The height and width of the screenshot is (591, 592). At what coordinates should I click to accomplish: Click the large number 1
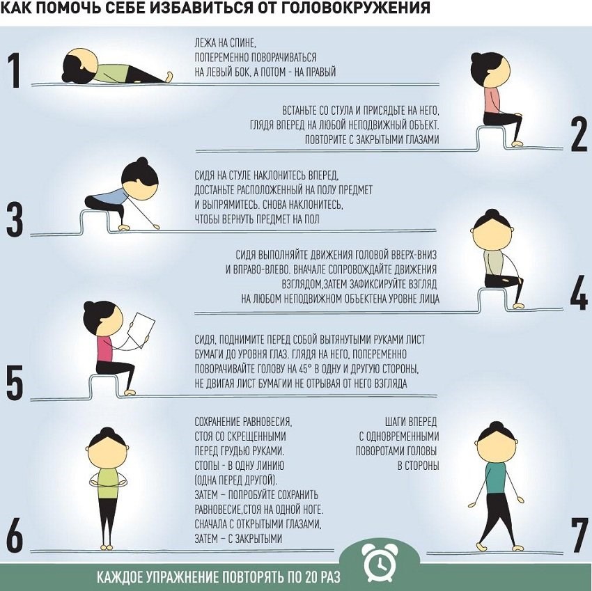[x=15, y=70]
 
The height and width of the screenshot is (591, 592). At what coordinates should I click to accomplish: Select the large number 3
[x=15, y=220]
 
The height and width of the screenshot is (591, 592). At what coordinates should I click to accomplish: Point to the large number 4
[x=579, y=293]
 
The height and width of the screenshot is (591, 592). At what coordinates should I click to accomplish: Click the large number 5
[x=15, y=382]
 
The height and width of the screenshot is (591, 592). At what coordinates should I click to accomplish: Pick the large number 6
[x=15, y=535]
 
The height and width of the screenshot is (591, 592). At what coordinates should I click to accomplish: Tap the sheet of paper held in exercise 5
[x=141, y=329]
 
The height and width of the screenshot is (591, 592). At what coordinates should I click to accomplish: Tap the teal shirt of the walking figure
[x=496, y=477]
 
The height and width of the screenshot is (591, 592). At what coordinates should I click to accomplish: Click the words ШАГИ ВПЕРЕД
[x=411, y=422]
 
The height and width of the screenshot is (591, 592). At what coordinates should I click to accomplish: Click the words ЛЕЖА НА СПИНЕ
[x=226, y=43]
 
